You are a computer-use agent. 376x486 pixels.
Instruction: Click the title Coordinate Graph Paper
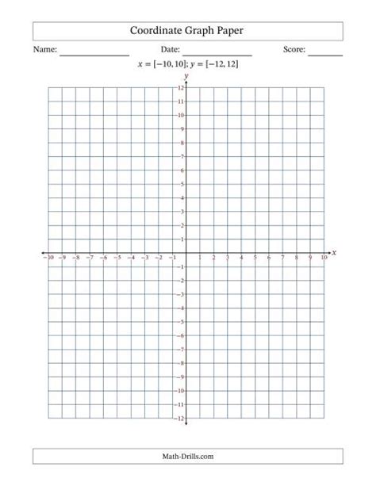(x=187, y=31)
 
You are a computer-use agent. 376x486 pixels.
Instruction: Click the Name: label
(x=45, y=50)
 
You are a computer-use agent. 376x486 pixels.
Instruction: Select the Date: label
(x=171, y=50)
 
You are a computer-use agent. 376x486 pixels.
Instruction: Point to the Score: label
(x=294, y=50)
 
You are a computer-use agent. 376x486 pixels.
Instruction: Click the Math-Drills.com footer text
(x=187, y=457)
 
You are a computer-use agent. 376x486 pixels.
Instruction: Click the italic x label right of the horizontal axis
(x=334, y=253)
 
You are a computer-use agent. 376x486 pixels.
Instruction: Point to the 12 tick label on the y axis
(x=181, y=88)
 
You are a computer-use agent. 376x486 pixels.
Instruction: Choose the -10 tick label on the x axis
(x=48, y=258)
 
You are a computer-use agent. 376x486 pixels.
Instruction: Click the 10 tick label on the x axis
(x=324, y=258)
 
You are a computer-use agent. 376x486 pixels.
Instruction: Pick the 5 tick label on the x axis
(x=255, y=258)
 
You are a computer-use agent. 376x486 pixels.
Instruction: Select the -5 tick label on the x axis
(x=117, y=258)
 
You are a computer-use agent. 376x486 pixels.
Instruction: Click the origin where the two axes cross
(x=186, y=253)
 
